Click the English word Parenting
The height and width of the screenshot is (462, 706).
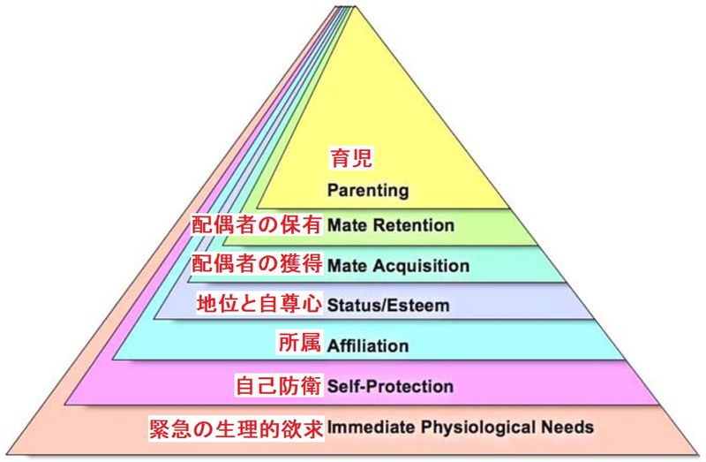(367, 189)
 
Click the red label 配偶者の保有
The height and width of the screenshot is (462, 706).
(257, 225)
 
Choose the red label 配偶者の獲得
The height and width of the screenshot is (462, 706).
(257, 265)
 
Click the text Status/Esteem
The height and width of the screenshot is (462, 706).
(388, 306)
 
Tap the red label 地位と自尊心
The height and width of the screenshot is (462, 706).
(261, 306)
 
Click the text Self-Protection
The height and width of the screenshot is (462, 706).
(390, 386)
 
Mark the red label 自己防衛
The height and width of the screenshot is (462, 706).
(279, 386)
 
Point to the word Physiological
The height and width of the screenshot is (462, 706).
(477, 428)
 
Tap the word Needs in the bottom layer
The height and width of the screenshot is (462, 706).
(571, 428)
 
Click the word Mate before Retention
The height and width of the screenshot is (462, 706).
(346, 225)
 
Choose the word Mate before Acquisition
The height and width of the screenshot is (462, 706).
(346, 265)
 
